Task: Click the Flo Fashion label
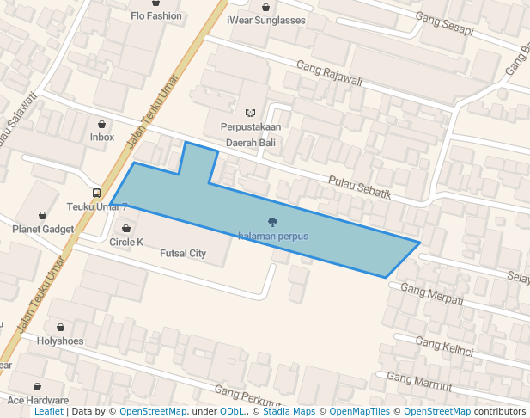pos(156,16)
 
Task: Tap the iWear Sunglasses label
pos(266,20)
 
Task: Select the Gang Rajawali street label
pos(330,74)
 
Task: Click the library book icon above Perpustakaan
pos(251,113)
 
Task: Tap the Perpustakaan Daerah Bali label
pos(251,134)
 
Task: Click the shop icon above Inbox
pos(102,124)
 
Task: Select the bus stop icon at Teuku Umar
pos(96,193)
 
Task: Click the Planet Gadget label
pos(43,230)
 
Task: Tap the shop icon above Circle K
pos(127,229)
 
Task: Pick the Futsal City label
pos(183,254)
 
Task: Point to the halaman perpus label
pos(273,236)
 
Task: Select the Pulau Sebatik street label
pos(360,187)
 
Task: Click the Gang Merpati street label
pos(432,295)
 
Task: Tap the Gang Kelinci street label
pos(444,346)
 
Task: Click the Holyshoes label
pos(61,341)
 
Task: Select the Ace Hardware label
pos(38,401)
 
